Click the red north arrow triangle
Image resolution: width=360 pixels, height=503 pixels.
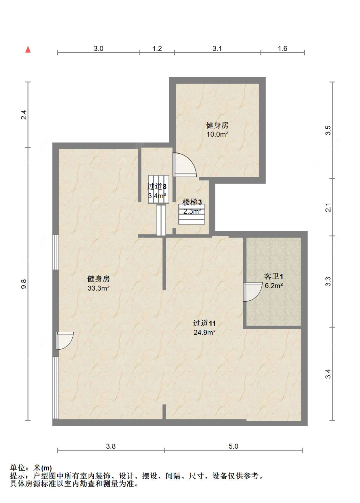[28, 49]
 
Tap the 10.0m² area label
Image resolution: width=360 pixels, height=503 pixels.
[217, 134]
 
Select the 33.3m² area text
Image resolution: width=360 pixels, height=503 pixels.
[98, 288]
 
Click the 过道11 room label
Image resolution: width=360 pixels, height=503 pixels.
[204, 323]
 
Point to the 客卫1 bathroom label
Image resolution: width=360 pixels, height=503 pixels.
[273, 276]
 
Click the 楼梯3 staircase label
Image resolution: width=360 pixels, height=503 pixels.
[192, 202]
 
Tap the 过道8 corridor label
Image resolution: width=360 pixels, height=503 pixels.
[157, 186]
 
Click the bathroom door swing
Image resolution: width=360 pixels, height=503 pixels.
[253, 292]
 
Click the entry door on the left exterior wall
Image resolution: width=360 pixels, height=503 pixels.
[65, 341]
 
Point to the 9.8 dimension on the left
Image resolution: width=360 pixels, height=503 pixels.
[24, 284]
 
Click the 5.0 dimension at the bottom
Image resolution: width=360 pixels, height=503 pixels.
[233, 446]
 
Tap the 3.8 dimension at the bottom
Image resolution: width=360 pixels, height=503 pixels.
[111, 446]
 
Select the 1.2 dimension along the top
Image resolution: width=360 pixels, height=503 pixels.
[157, 48]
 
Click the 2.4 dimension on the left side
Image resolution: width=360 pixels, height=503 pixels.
[24, 115]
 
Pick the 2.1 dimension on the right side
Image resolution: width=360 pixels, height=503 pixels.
[328, 207]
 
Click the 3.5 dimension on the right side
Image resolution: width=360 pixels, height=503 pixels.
[328, 130]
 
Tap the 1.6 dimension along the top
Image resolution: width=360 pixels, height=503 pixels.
[282, 48]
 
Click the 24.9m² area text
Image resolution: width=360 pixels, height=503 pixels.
[204, 332]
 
